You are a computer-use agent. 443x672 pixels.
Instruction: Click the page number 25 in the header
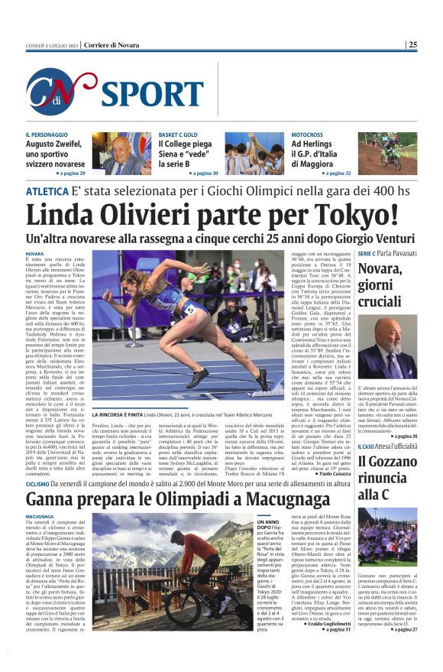412,44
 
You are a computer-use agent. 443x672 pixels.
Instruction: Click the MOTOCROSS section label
306,135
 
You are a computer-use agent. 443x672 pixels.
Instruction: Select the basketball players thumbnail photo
254,153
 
